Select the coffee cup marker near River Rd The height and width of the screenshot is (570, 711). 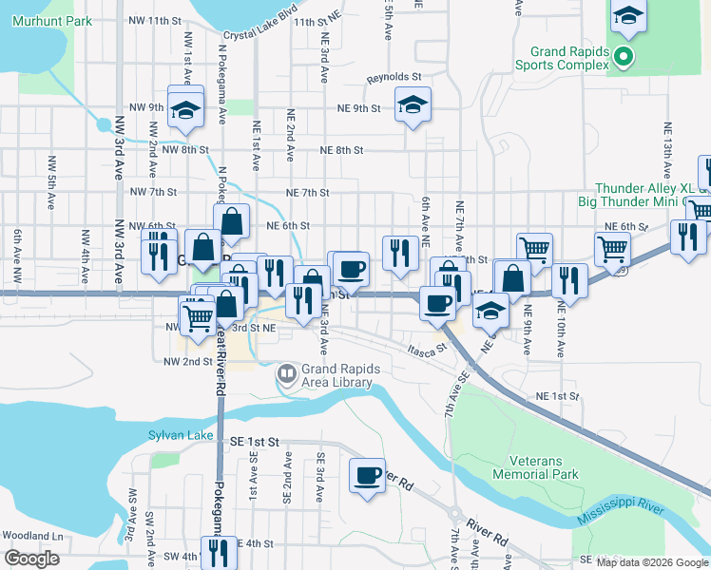[x=367, y=476]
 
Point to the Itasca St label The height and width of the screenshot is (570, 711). [x=426, y=350]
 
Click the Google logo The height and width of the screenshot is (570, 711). [x=31, y=559]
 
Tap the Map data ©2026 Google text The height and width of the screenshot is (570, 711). [x=652, y=562]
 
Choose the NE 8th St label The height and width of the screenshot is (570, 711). [x=342, y=150]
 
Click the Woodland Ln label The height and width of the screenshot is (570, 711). [x=31, y=536]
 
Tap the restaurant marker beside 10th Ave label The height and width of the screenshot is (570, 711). [x=569, y=280]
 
